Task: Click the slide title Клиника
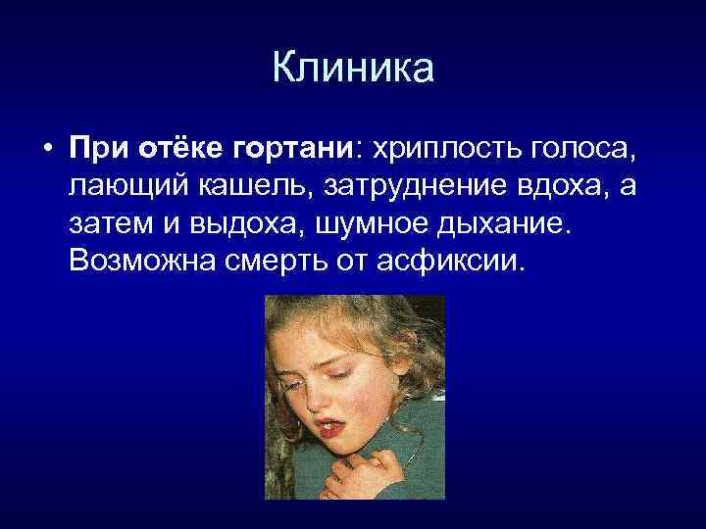click(x=352, y=70)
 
